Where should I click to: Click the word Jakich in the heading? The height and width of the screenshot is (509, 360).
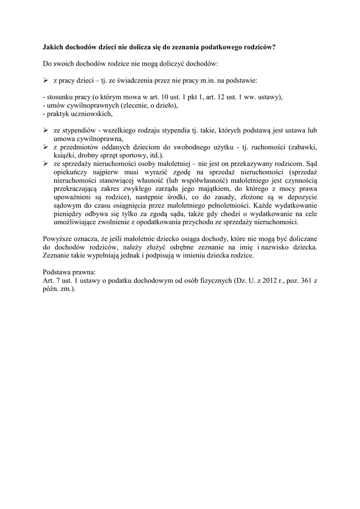point(51,48)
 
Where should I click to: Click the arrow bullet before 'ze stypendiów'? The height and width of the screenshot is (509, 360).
point(45,130)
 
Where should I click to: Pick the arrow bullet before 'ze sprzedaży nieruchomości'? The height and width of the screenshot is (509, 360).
point(45,163)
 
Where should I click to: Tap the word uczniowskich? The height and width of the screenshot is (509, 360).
point(92,114)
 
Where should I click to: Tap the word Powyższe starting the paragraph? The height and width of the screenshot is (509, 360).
point(59,239)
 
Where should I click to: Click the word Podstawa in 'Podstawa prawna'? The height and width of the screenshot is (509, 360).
point(57,272)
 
